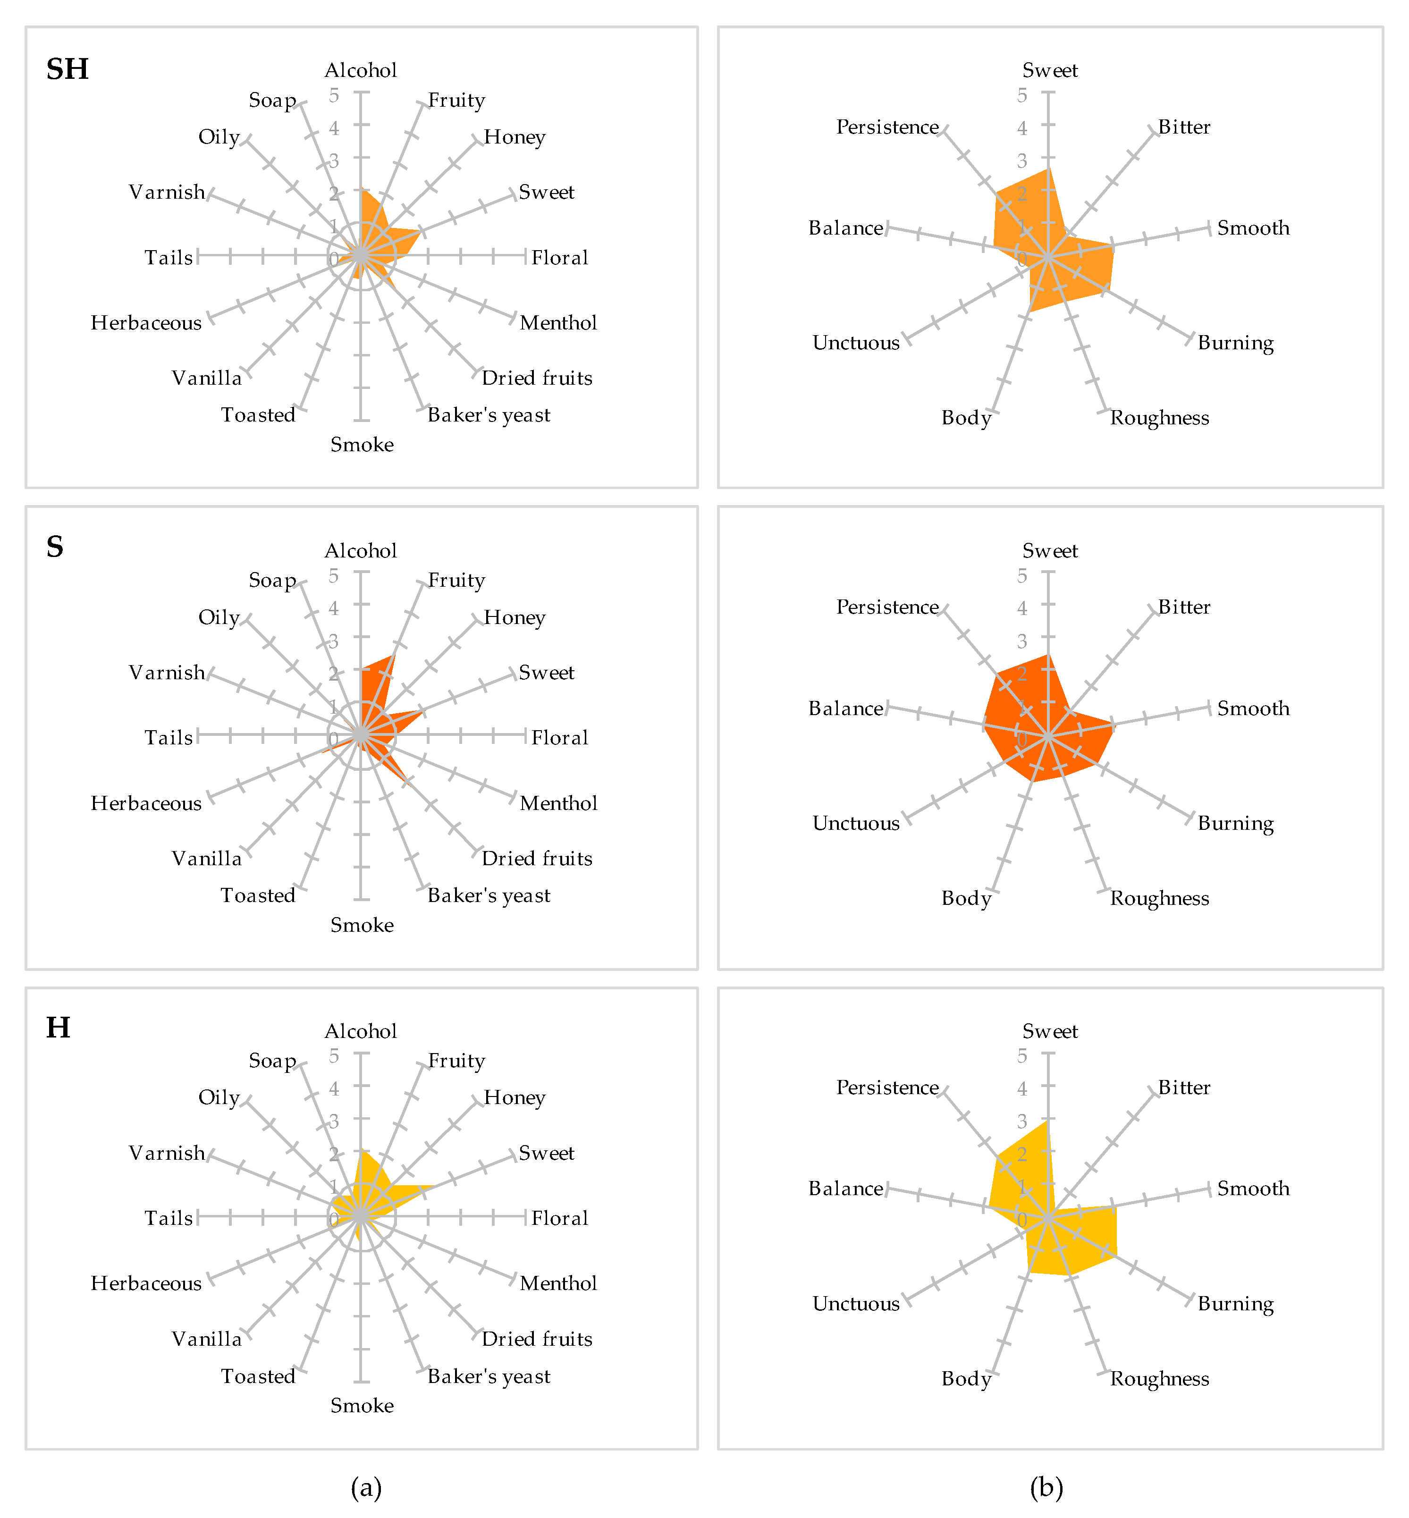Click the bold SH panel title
click(x=67, y=69)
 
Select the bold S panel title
click(x=55, y=547)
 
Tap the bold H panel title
click(x=58, y=1028)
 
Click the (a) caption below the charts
click(x=366, y=1487)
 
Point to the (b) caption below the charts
click(x=1046, y=1487)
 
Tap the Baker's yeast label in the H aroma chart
click(x=489, y=1376)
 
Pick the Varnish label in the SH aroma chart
click(x=167, y=192)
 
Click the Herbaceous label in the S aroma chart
click(x=146, y=803)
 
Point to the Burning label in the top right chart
click(x=1235, y=343)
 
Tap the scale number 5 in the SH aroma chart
click(x=334, y=95)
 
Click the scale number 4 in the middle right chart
click(x=1021, y=608)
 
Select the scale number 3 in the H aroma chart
click(x=334, y=1122)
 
